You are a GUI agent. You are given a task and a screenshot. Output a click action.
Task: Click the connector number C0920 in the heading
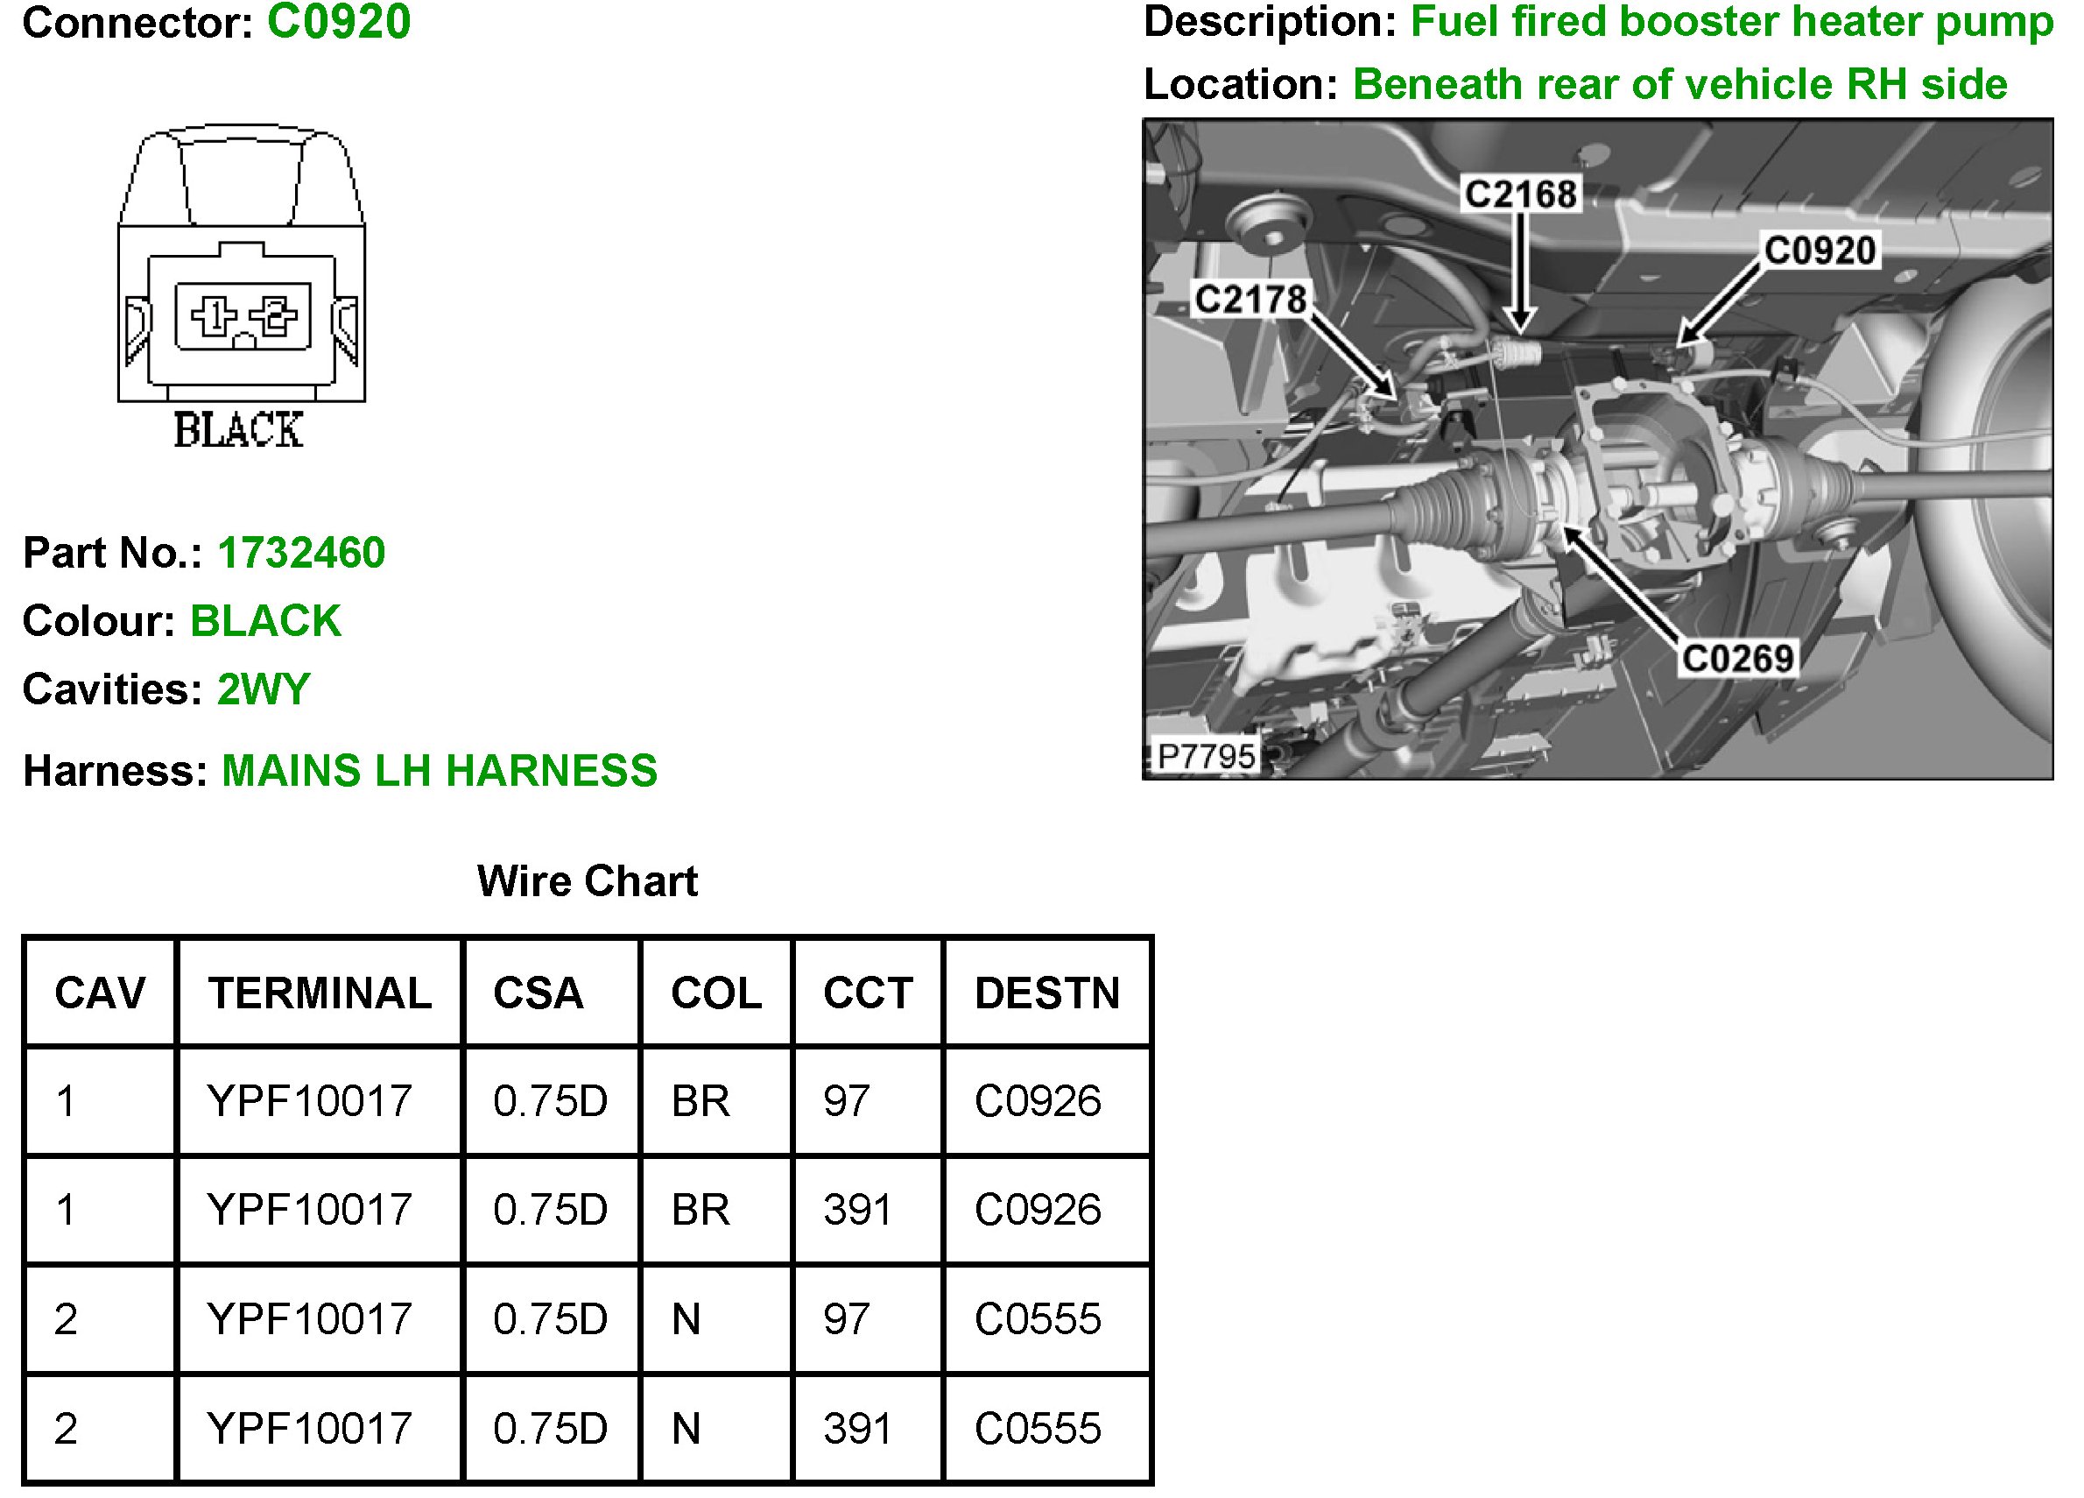coord(338,22)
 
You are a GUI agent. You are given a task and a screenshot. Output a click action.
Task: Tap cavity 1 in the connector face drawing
coord(213,316)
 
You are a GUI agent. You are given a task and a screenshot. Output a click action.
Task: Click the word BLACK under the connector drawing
coord(239,430)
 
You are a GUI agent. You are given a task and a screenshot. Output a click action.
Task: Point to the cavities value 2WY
coord(264,689)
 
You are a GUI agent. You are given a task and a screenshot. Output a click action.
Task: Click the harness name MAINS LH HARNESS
coord(440,771)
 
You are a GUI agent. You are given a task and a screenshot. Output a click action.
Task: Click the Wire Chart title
coord(588,881)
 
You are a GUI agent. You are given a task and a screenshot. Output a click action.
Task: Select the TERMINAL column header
coord(320,993)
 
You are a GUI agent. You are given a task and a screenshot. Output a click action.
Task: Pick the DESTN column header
coord(1047,993)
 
